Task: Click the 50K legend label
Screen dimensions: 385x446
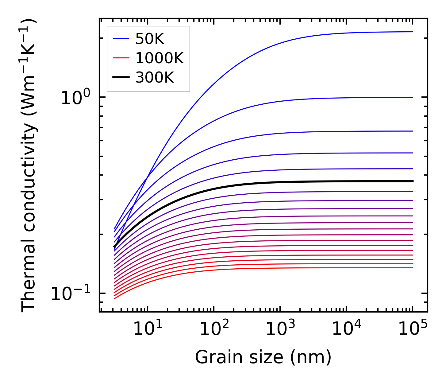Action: pyautogui.click(x=150, y=39)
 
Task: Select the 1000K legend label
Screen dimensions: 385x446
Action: pyautogui.click(x=160, y=58)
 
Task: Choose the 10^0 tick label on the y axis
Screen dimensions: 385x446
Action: pyautogui.click(x=75, y=98)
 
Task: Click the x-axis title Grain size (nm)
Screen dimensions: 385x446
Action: pyautogui.click(x=263, y=357)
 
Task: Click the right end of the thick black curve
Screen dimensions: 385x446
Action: pyautogui.click(x=413, y=181)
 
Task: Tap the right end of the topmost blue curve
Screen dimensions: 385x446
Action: pyautogui.click(x=413, y=32)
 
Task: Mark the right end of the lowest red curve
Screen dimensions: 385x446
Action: pyautogui.click(x=413, y=268)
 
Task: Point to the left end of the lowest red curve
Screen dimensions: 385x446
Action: pyautogui.click(x=114, y=298)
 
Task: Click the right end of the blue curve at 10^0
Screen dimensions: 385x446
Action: pyautogui.click(x=413, y=97)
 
